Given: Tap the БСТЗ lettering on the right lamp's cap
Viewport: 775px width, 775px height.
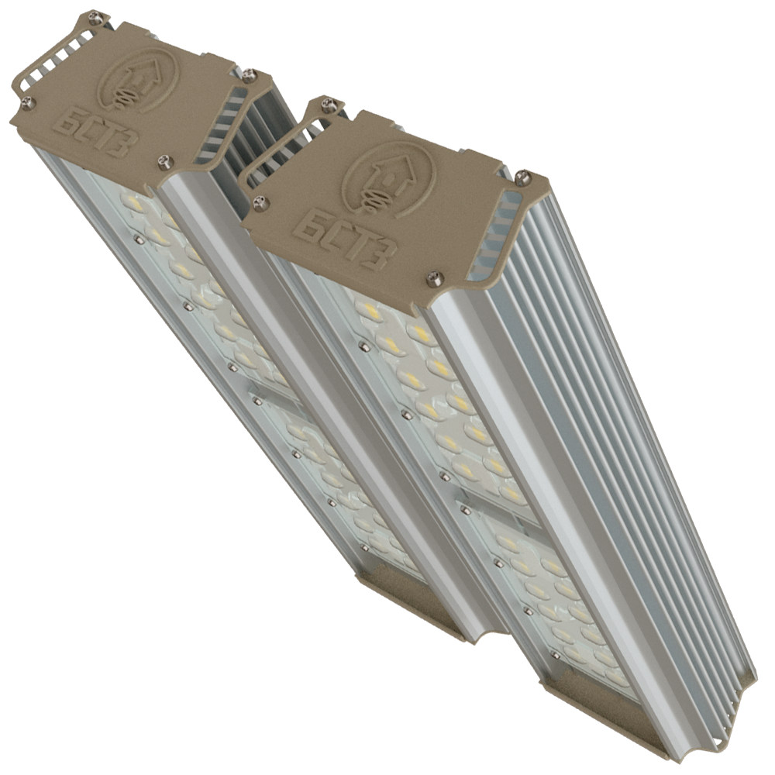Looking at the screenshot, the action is click(x=345, y=243).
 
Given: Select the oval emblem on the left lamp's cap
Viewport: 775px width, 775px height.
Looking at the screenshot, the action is click(x=139, y=81).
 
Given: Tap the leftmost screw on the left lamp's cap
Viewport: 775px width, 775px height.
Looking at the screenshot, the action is click(x=29, y=103).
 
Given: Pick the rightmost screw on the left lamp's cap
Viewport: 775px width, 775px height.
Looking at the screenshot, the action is click(x=250, y=75).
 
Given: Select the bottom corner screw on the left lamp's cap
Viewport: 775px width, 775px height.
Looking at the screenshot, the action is click(x=164, y=161).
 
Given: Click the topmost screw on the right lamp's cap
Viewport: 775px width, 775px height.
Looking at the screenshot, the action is click(x=328, y=104).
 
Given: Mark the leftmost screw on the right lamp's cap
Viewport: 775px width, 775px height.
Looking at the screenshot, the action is click(x=261, y=201).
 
